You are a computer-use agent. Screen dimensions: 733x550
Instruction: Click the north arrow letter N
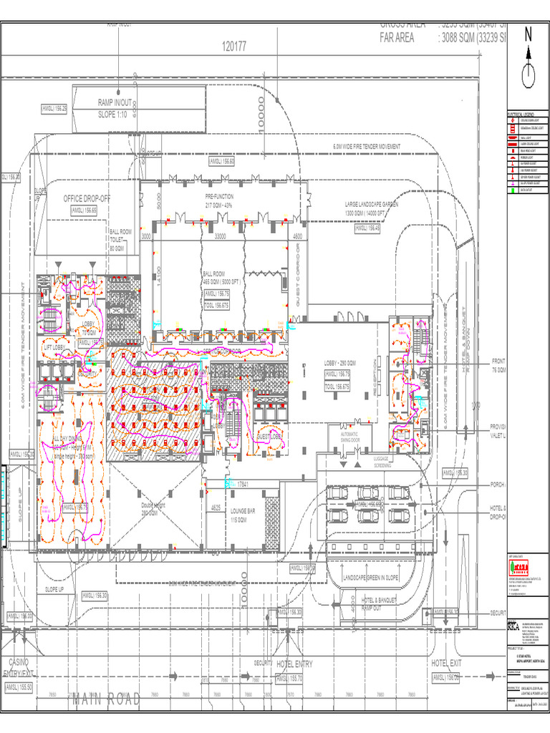(529, 34)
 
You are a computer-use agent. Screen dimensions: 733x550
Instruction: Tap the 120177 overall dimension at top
(234, 47)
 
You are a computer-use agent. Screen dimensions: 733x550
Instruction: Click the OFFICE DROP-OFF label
(87, 198)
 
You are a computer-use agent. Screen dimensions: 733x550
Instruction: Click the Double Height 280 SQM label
(154, 509)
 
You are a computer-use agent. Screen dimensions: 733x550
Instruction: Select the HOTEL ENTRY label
(294, 664)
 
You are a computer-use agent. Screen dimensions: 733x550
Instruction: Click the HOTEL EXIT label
(448, 664)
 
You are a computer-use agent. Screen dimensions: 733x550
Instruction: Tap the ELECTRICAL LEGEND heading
(521, 115)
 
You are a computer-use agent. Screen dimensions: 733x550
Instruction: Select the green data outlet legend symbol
(512, 190)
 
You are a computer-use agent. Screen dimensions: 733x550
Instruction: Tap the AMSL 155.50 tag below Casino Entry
(20, 687)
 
